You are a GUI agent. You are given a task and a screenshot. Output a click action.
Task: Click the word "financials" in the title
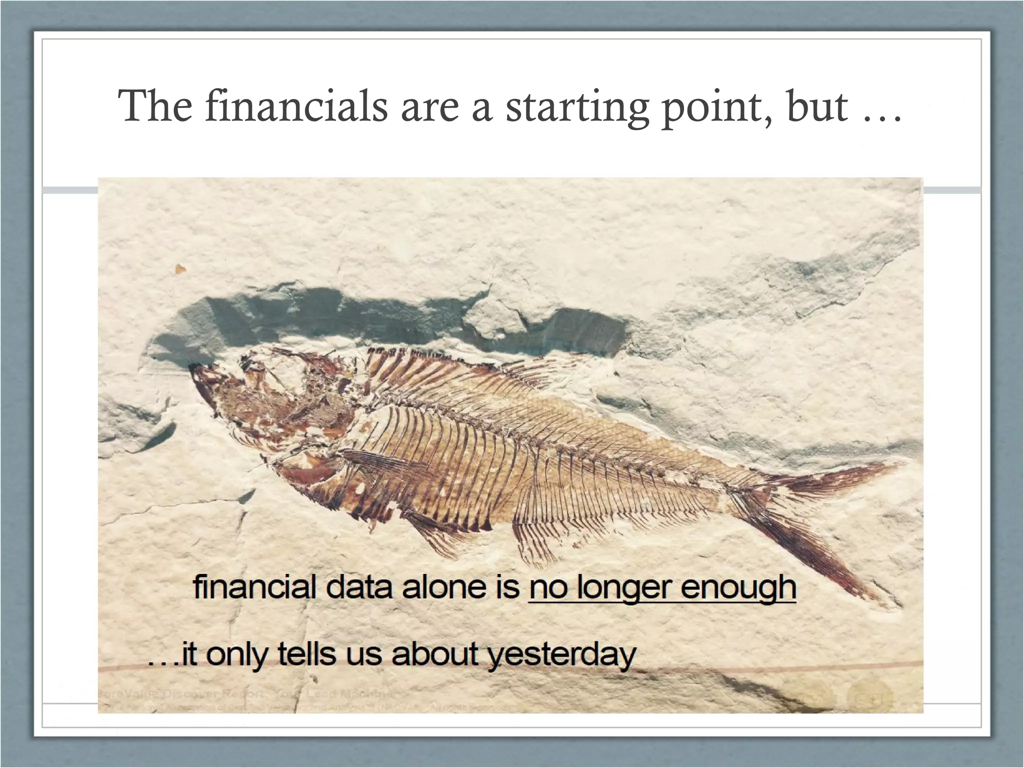coord(296,106)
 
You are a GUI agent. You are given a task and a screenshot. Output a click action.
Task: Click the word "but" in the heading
coord(818,106)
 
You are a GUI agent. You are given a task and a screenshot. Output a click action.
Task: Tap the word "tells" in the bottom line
coord(306,653)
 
